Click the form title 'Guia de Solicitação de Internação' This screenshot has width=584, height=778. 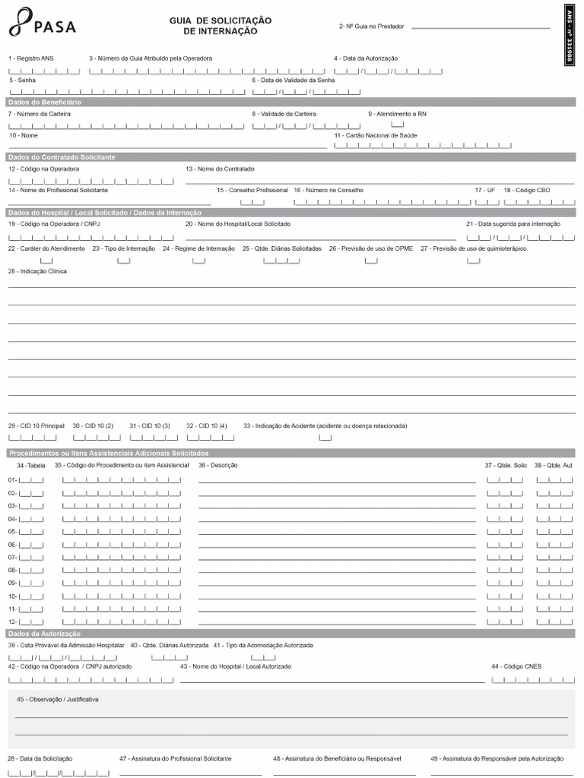pos(221,26)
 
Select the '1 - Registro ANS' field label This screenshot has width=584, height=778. pos(31,59)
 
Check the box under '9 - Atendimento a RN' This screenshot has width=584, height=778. pos(398,125)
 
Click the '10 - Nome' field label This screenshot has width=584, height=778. pos(24,135)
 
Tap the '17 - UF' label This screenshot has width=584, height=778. pos(484,190)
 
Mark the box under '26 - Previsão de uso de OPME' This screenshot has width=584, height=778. pos(371,261)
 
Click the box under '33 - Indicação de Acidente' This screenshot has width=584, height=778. pos(325,438)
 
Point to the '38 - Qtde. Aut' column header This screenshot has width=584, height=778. pos(554,464)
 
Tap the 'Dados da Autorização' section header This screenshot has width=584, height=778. pos(44,634)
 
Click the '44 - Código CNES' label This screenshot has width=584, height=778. pos(516,666)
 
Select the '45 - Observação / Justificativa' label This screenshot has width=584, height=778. pos(58,699)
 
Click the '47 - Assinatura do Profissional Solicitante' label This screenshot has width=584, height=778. pos(176,759)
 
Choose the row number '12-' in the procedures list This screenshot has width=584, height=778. pos(12,621)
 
